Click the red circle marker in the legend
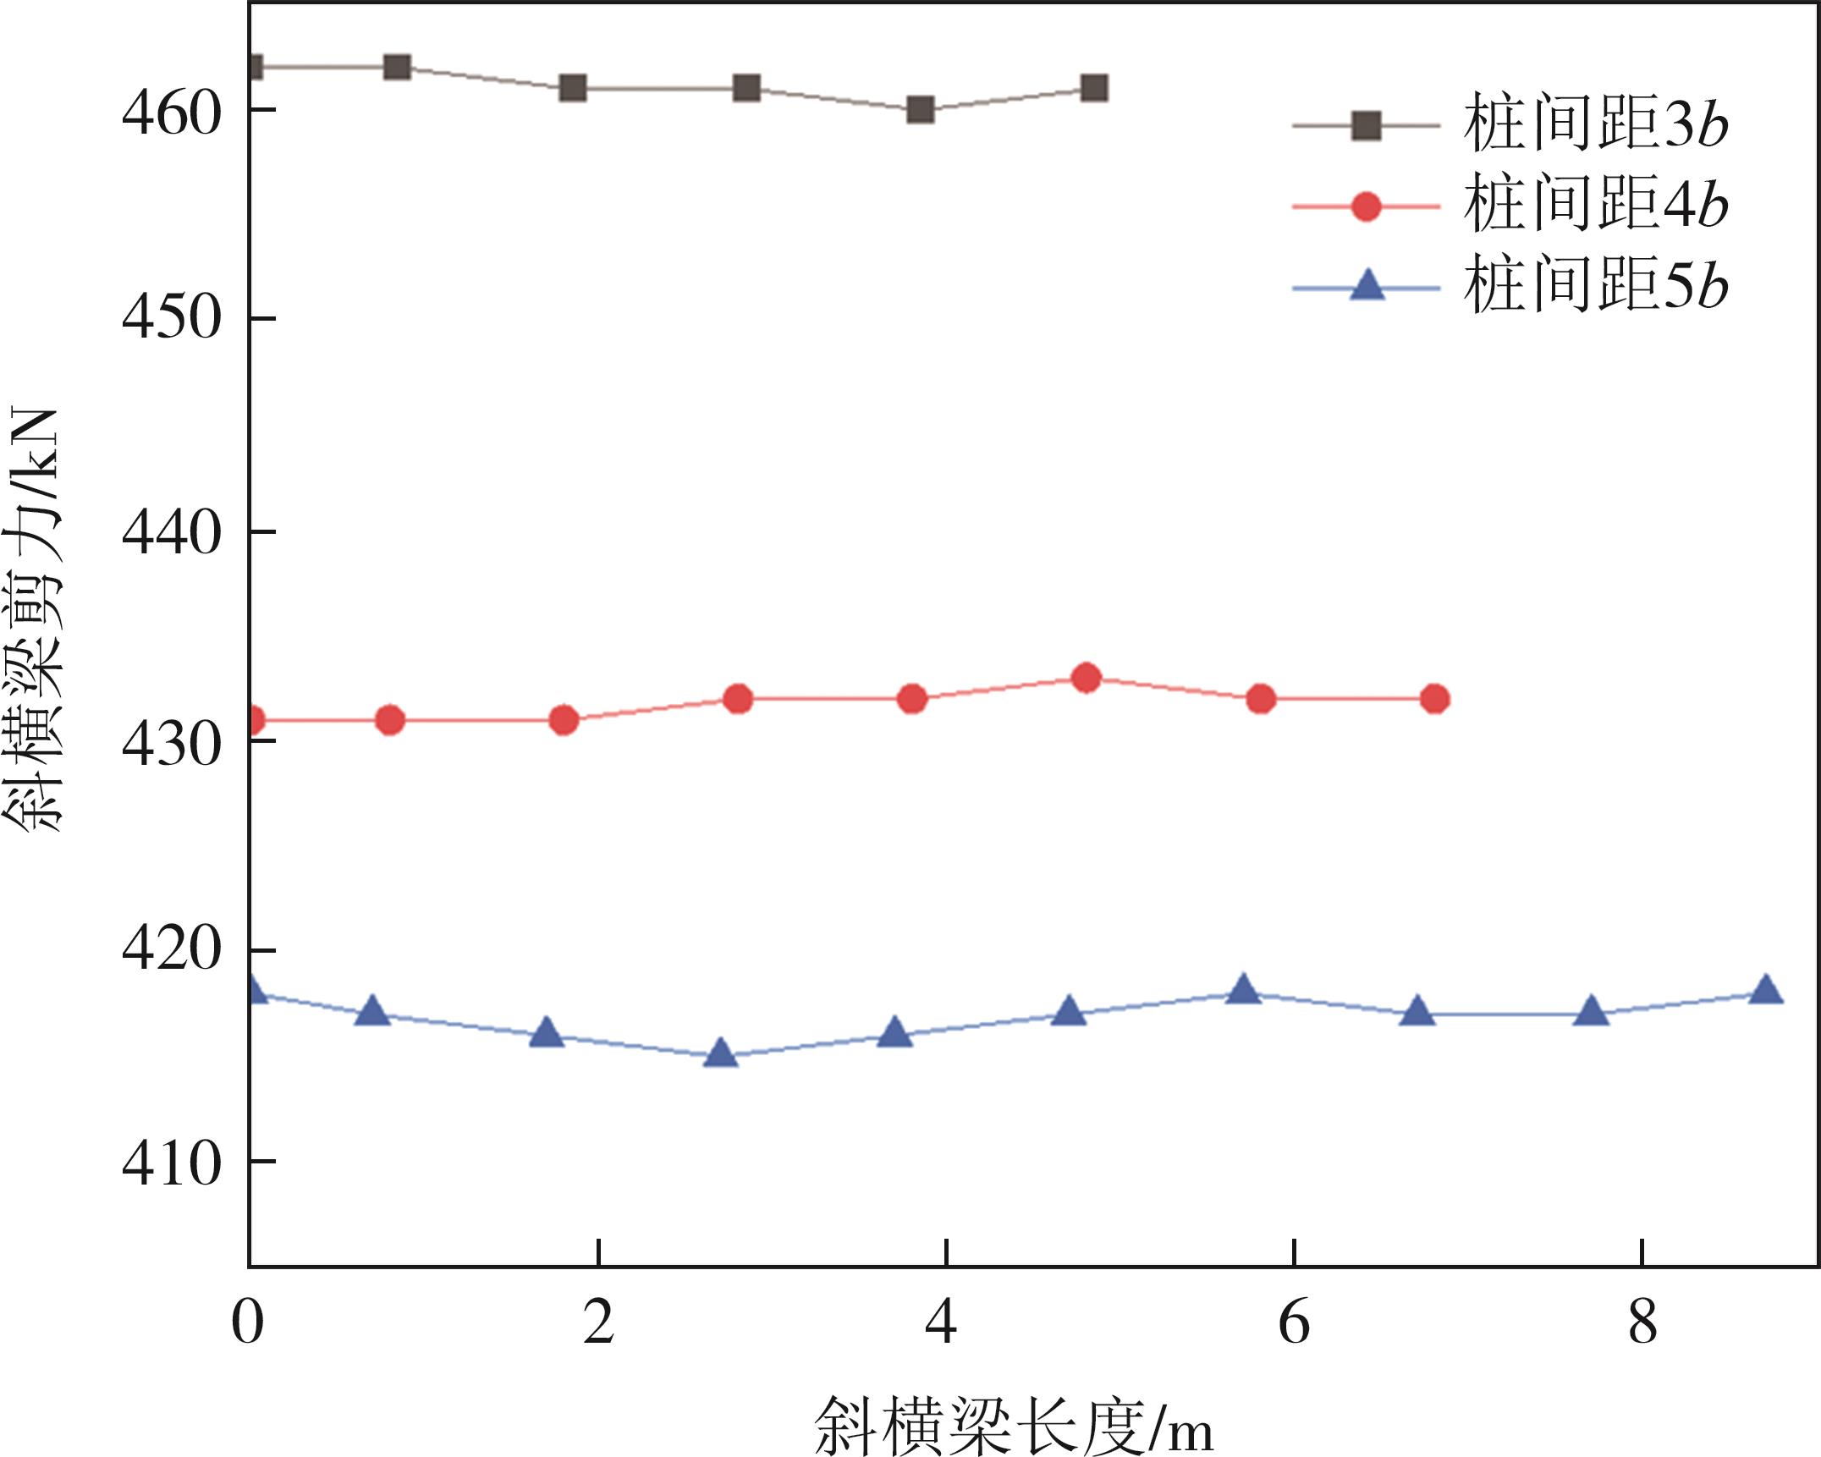coord(1367,206)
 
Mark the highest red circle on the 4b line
coord(1086,678)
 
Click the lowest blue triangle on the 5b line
coord(720,1053)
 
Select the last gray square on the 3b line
coord(1094,88)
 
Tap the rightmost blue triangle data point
coord(1766,989)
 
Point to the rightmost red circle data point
coord(1434,699)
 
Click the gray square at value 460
coord(920,110)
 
